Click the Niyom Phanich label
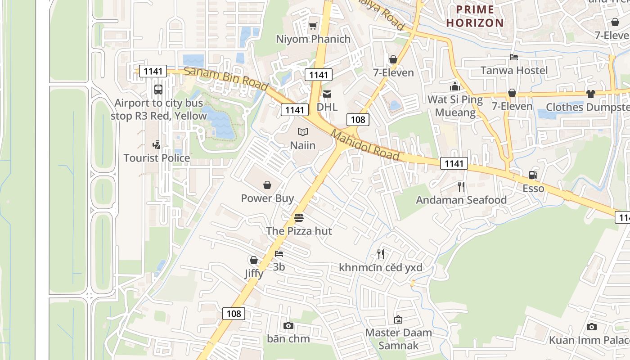click(313, 39)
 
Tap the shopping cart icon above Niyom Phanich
click(313, 26)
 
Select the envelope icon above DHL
click(327, 94)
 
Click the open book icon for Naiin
click(303, 132)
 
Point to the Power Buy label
click(267, 198)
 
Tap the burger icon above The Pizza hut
click(299, 218)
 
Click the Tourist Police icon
click(156, 145)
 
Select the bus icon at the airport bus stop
click(158, 89)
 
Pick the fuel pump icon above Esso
click(533, 175)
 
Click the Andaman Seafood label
click(461, 200)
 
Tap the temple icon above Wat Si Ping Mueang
click(455, 86)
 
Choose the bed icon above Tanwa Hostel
click(514, 57)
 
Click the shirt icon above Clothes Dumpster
click(590, 94)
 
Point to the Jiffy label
click(254, 274)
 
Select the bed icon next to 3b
click(279, 254)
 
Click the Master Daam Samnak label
click(398, 339)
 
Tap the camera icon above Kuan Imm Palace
click(592, 327)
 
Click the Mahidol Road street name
click(365, 145)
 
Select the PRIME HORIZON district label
click(475, 16)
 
